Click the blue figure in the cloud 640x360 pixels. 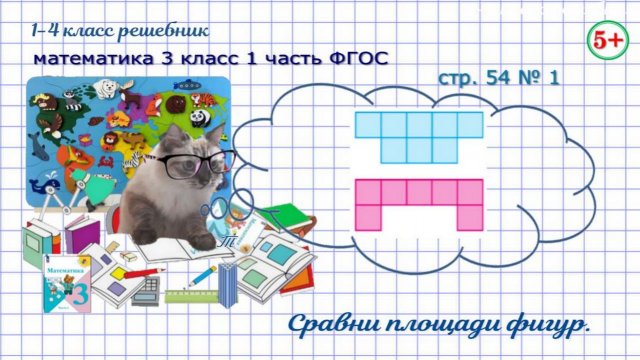(x=420, y=135)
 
